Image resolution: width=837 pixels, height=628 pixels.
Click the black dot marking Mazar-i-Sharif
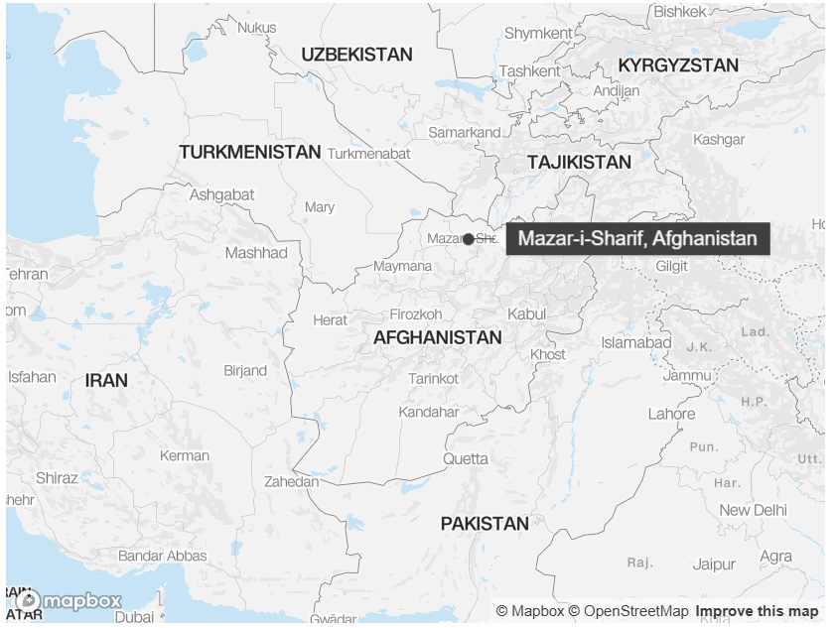pos(469,239)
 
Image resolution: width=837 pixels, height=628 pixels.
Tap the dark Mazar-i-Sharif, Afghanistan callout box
pos(636,239)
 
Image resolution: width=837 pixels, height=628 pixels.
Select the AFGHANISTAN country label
pos(437,338)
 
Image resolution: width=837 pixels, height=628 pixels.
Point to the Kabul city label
pos(526,314)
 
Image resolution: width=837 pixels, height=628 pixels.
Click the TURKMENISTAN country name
pos(250,153)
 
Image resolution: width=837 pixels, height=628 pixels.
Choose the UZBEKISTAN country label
pos(356,55)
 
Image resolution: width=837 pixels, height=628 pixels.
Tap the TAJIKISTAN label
pos(579,162)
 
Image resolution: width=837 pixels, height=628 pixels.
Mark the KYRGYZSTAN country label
pos(678,65)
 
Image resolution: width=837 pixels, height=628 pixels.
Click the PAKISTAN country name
pos(485,524)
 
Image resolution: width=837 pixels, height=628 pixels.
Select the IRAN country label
pos(106,380)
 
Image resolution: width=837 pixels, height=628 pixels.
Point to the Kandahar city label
pos(429,412)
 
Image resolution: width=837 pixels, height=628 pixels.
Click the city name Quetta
pos(466,458)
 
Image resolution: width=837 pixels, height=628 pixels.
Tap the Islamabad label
pos(635,342)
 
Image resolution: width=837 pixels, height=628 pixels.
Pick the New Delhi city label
pos(753,510)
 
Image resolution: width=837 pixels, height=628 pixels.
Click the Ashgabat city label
pos(221,195)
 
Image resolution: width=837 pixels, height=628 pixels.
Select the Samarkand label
pos(464,132)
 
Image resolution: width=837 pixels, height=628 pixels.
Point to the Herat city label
pos(331,319)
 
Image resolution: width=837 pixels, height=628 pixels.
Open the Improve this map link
pos(757,611)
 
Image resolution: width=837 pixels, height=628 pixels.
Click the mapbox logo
pos(70,601)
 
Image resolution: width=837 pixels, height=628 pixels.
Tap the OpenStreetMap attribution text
pos(635,611)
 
